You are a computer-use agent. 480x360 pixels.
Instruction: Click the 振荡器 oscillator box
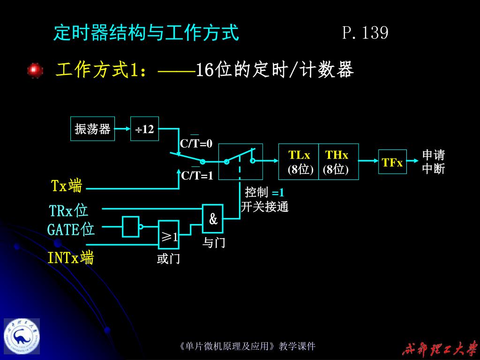tap(92, 129)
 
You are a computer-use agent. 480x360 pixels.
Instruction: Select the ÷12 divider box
tap(145, 129)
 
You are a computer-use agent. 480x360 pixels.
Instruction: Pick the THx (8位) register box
tap(337, 162)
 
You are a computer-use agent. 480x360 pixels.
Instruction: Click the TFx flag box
tap(392, 162)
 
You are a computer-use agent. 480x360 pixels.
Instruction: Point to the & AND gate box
tap(213, 218)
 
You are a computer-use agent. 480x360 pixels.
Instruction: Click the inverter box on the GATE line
tap(131, 226)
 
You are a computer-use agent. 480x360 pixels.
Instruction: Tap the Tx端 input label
tap(67, 186)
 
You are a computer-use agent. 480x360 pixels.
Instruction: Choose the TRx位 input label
tap(69, 210)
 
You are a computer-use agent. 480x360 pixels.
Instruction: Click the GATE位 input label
tap(71, 230)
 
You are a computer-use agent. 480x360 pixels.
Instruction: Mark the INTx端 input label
tap(70, 257)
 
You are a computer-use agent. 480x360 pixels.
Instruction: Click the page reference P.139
tap(365, 33)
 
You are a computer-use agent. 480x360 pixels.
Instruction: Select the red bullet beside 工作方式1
tap(35, 70)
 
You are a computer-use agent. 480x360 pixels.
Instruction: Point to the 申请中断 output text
tap(433, 162)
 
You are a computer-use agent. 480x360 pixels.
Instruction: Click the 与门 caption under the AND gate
tap(214, 243)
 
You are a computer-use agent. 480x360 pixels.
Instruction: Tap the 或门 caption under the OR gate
tap(168, 258)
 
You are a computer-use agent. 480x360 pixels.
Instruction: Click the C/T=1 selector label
tap(197, 176)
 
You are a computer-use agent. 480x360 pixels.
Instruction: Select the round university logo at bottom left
tap(22, 337)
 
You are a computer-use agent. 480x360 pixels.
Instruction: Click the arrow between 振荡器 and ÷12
tap(122, 129)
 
